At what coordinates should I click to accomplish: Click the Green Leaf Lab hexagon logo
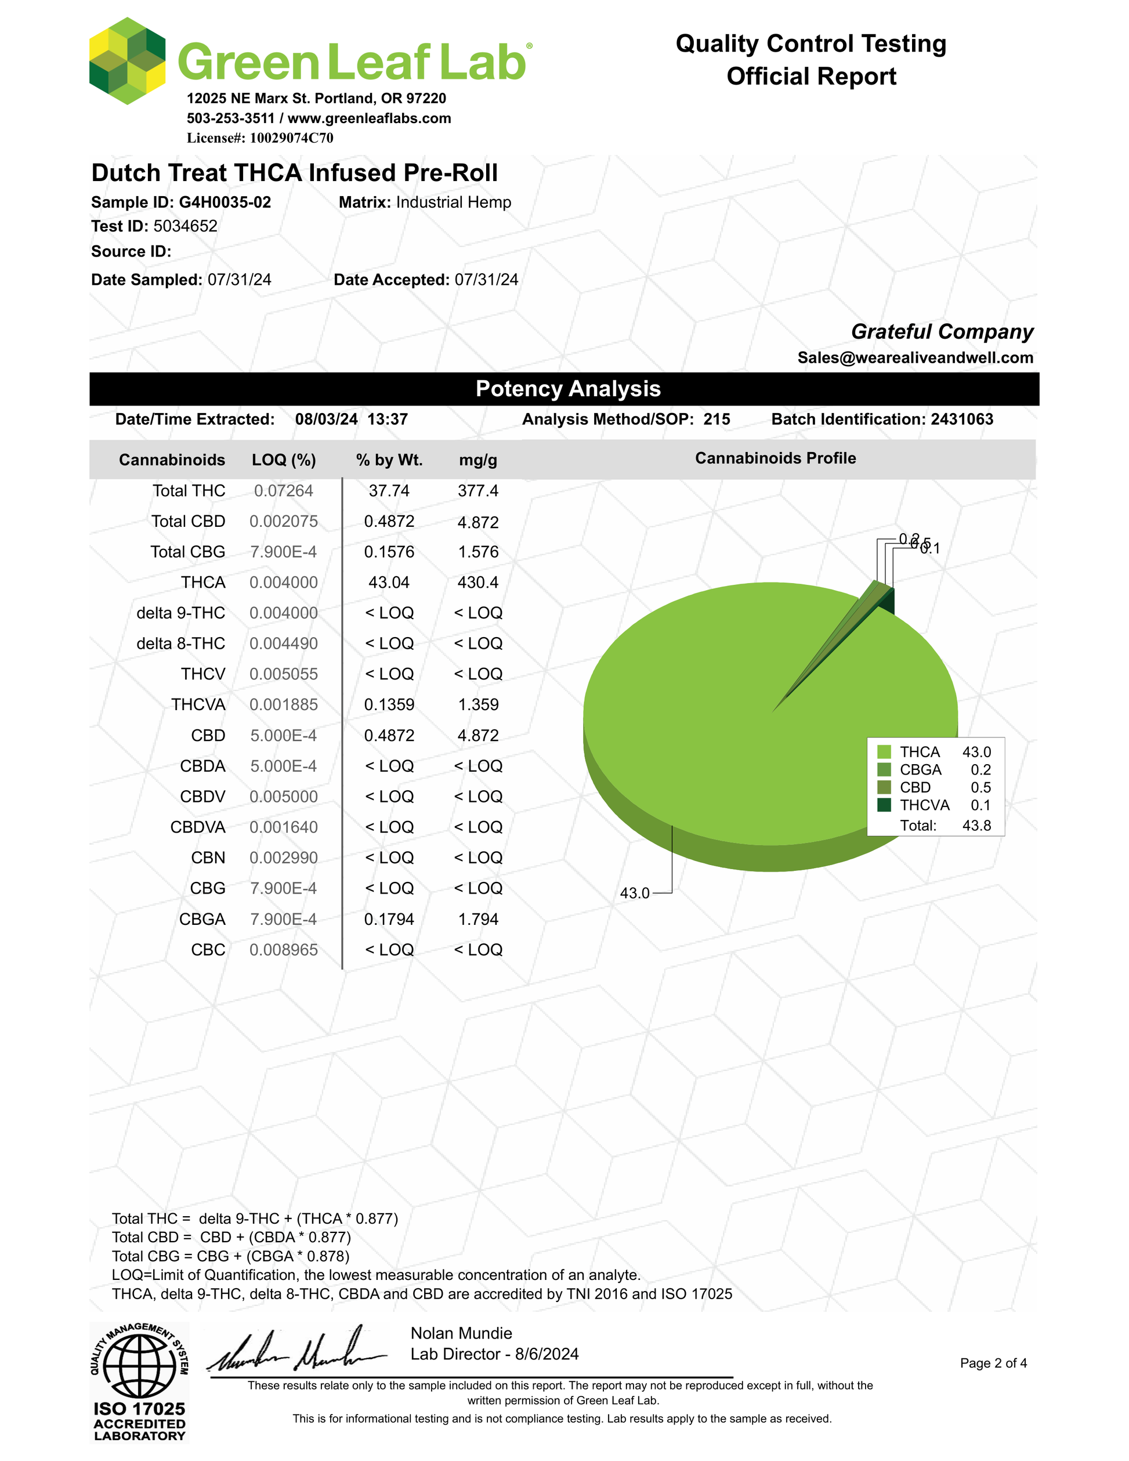[127, 62]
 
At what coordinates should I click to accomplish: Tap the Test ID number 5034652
[185, 226]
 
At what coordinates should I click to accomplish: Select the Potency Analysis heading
[568, 389]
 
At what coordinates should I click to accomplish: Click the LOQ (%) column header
[284, 460]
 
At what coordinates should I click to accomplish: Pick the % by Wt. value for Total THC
[389, 491]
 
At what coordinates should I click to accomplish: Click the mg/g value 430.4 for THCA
[477, 583]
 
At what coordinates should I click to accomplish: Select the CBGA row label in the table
[202, 919]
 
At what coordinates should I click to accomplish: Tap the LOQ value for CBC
[284, 950]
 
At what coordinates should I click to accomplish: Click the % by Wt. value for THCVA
[389, 705]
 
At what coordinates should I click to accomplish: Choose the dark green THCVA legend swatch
[884, 805]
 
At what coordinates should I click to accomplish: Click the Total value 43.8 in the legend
[976, 826]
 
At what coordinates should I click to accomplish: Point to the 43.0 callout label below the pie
[635, 893]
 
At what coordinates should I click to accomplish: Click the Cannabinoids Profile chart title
[775, 458]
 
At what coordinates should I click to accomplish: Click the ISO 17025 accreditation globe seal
[139, 1365]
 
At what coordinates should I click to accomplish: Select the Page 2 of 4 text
[993, 1364]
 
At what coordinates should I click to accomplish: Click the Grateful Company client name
[942, 332]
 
